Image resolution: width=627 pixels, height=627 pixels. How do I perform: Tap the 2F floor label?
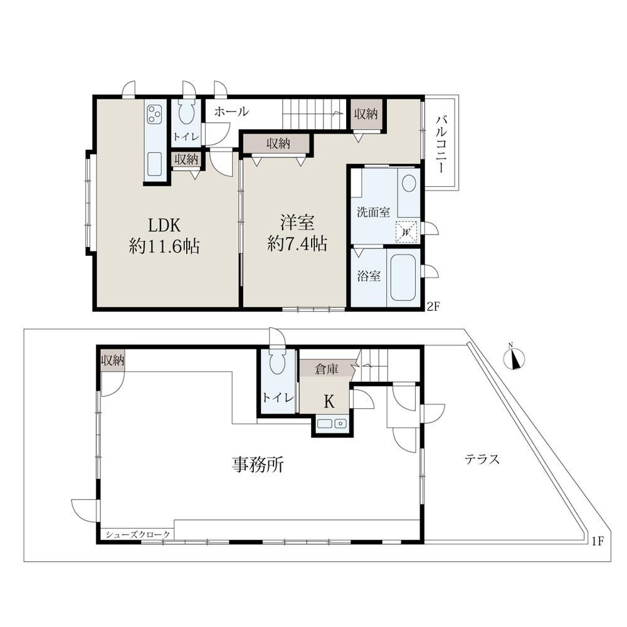tap(433, 307)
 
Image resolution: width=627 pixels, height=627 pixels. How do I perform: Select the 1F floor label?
tap(597, 541)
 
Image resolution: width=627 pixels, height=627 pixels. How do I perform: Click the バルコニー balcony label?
tap(441, 144)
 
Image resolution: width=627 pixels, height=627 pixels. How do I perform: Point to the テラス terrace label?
tap(482, 459)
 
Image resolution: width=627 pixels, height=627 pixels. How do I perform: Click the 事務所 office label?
tap(258, 465)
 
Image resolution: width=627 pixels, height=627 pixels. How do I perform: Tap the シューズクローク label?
tap(137, 534)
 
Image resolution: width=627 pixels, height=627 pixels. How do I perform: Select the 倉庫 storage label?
tap(326, 369)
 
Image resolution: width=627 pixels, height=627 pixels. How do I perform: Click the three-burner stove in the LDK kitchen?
tap(155, 113)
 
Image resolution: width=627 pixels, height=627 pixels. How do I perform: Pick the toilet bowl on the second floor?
tap(186, 111)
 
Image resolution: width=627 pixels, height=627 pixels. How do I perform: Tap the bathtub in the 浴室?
tap(403, 278)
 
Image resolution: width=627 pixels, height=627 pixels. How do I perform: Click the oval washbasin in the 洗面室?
tap(409, 183)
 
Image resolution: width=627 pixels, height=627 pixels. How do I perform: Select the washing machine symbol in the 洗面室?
tap(406, 232)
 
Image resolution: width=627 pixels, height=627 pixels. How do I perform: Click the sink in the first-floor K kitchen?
tap(332, 423)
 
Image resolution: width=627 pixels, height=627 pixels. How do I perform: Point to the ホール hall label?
tap(231, 111)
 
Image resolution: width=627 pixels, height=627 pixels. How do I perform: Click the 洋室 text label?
tap(297, 223)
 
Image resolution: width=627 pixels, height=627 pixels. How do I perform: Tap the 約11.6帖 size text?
tap(164, 246)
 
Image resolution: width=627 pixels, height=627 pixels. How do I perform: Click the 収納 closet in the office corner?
tap(112, 361)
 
